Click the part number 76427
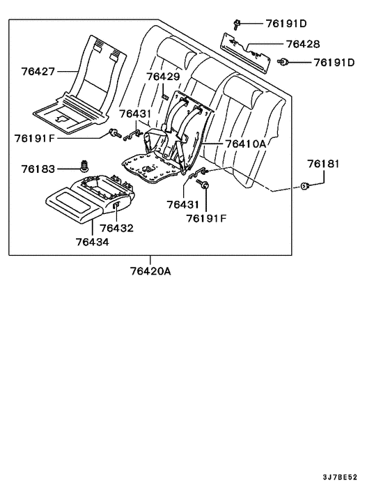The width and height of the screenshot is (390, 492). click(39, 72)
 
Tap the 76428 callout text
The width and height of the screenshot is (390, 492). click(303, 43)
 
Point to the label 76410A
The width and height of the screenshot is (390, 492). click(245, 144)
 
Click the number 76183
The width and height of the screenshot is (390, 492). click(39, 169)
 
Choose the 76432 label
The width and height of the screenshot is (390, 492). click(116, 228)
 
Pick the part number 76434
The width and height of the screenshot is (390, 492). click(93, 242)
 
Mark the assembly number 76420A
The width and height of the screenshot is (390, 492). click(150, 270)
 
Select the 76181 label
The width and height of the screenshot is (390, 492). click(324, 164)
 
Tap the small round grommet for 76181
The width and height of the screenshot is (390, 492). click(305, 186)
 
